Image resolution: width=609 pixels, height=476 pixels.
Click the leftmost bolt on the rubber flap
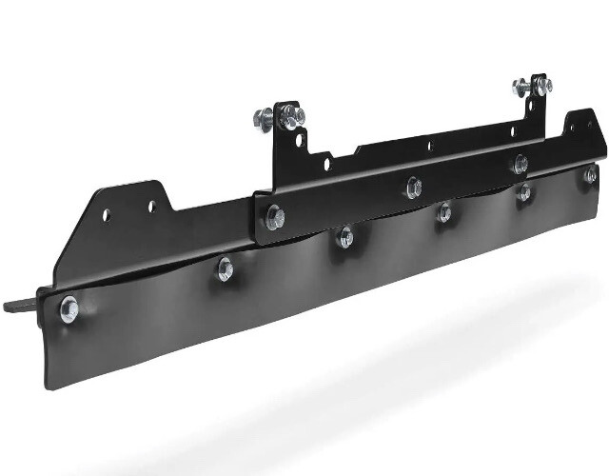point(69,307)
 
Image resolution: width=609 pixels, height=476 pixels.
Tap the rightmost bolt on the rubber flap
point(591,173)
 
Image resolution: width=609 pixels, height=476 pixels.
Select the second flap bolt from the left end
point(226,269)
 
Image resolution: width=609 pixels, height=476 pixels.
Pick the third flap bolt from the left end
point(345,237)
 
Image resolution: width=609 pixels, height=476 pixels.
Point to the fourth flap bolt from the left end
point(443,212)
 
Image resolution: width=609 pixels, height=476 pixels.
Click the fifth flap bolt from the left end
point(523,192)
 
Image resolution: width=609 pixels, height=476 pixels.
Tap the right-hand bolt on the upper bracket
point(520,163)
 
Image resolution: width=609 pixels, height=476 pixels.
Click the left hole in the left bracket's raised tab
point(107,214)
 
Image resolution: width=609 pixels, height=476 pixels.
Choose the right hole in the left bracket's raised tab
point(149,205)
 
